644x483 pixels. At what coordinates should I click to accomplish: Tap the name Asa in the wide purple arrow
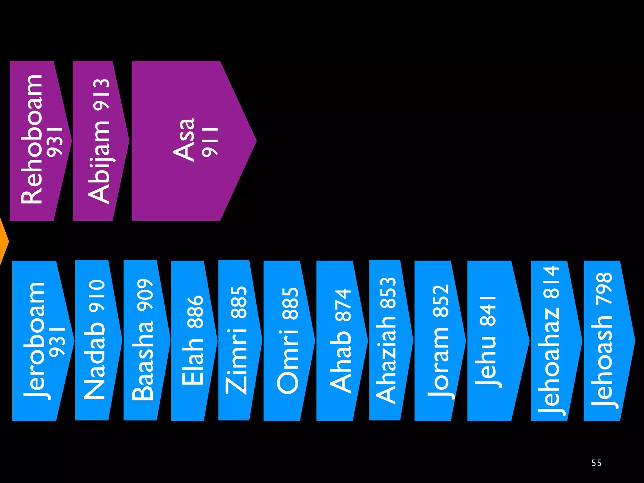(x=184, y=140)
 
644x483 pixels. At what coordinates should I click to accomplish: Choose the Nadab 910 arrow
(x=94, y=340)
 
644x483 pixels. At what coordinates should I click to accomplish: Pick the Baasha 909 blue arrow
(x=143, y=340)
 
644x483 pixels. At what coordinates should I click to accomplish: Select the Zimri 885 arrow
(x=236, y=340)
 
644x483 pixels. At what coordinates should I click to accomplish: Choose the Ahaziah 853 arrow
(x=387, y=340)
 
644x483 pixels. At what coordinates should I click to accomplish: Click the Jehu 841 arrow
(x=491, y=341)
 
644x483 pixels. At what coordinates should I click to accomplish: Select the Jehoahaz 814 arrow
(x=552, y=341)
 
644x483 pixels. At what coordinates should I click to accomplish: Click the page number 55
(x=596, y=463)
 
